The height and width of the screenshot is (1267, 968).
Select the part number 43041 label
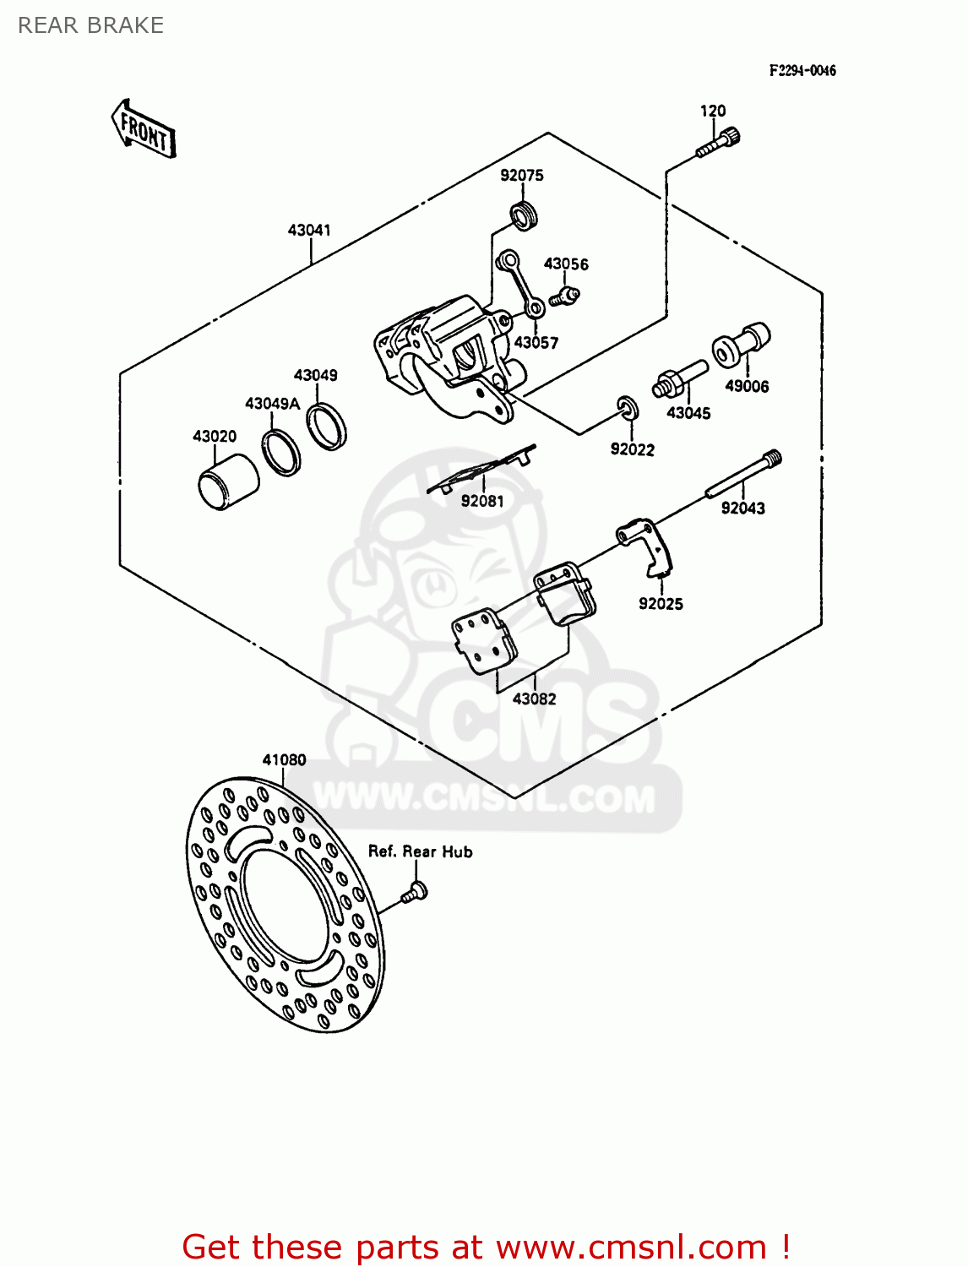[309, 230]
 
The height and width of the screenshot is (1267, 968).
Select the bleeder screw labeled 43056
[563, 296]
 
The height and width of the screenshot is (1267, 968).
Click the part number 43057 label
[536, 342]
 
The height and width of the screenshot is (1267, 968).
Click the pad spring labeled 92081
[482, 469]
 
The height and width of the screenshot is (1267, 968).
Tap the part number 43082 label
[534, 699]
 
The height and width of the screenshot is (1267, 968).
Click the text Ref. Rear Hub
[420, 851]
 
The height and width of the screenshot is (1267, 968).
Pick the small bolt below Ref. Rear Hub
[414, 892]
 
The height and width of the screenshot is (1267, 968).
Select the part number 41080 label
[284, 759]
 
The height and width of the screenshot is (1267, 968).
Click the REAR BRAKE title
[90, 25]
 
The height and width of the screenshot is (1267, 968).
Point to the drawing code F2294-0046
[802, 71]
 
